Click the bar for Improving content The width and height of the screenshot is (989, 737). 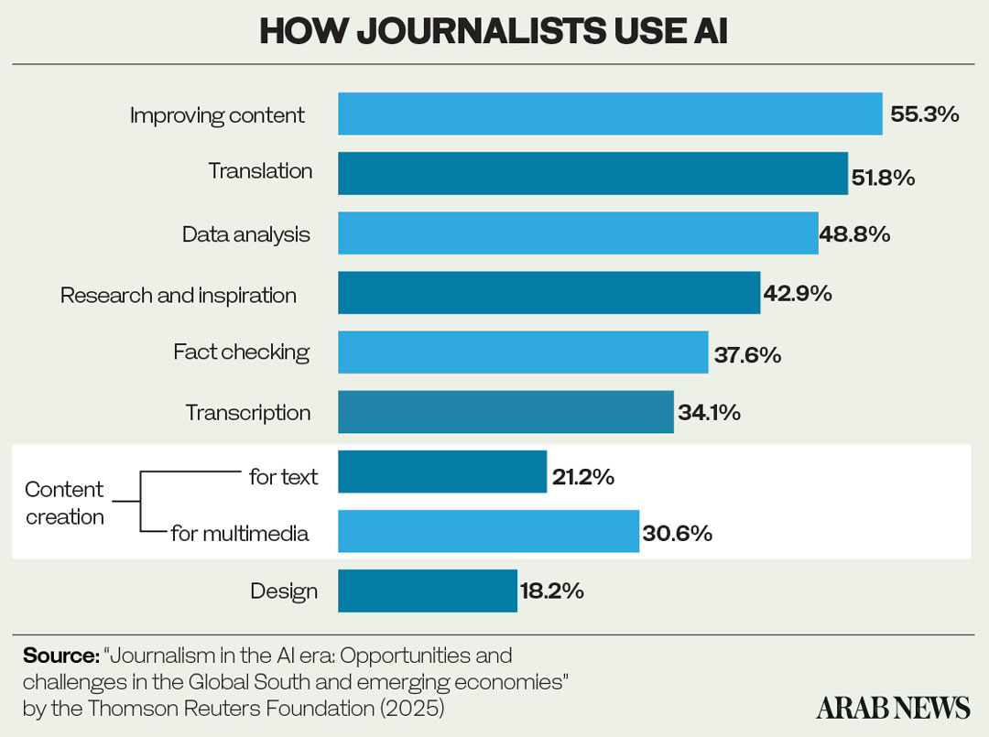pyautogui.click(x=610, y=114)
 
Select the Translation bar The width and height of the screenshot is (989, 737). pyautogui.click(x=592, y=173)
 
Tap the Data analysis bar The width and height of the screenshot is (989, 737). pyautogui.click(x=578, y=233)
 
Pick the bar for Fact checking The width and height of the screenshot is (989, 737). pyautogui.click(x=523, y=352)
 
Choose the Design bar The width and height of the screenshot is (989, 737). pyautogui.click(x=428, y=591)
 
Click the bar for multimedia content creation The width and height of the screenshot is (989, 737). pyautogui.click(x=488, y=532)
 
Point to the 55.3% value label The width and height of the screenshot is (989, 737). pyautogui.click(x=924, y=114)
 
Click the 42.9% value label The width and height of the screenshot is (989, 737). pyautogui.click(x=797, y=294)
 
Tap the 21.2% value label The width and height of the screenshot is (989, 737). pyautogui.click(x=582, y=476)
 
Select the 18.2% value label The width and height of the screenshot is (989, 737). pyautogui.click(x=552, y=591)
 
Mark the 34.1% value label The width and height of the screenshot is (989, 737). pyautogui.click(x=709, y=413)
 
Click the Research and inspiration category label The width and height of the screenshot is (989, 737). pyautogui.click(x=179, y=295)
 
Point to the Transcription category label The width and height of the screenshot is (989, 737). pyautogui.click(x=248, y=413)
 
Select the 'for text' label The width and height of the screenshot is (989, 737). pyautogui.click(x=284, y=476)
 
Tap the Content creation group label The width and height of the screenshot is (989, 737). pyautogui.click(x=64, y=503)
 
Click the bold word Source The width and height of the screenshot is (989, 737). pyautogui.click(x=60, y=656)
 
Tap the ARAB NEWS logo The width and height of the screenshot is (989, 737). pyautogui.click(x=893, y=708)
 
